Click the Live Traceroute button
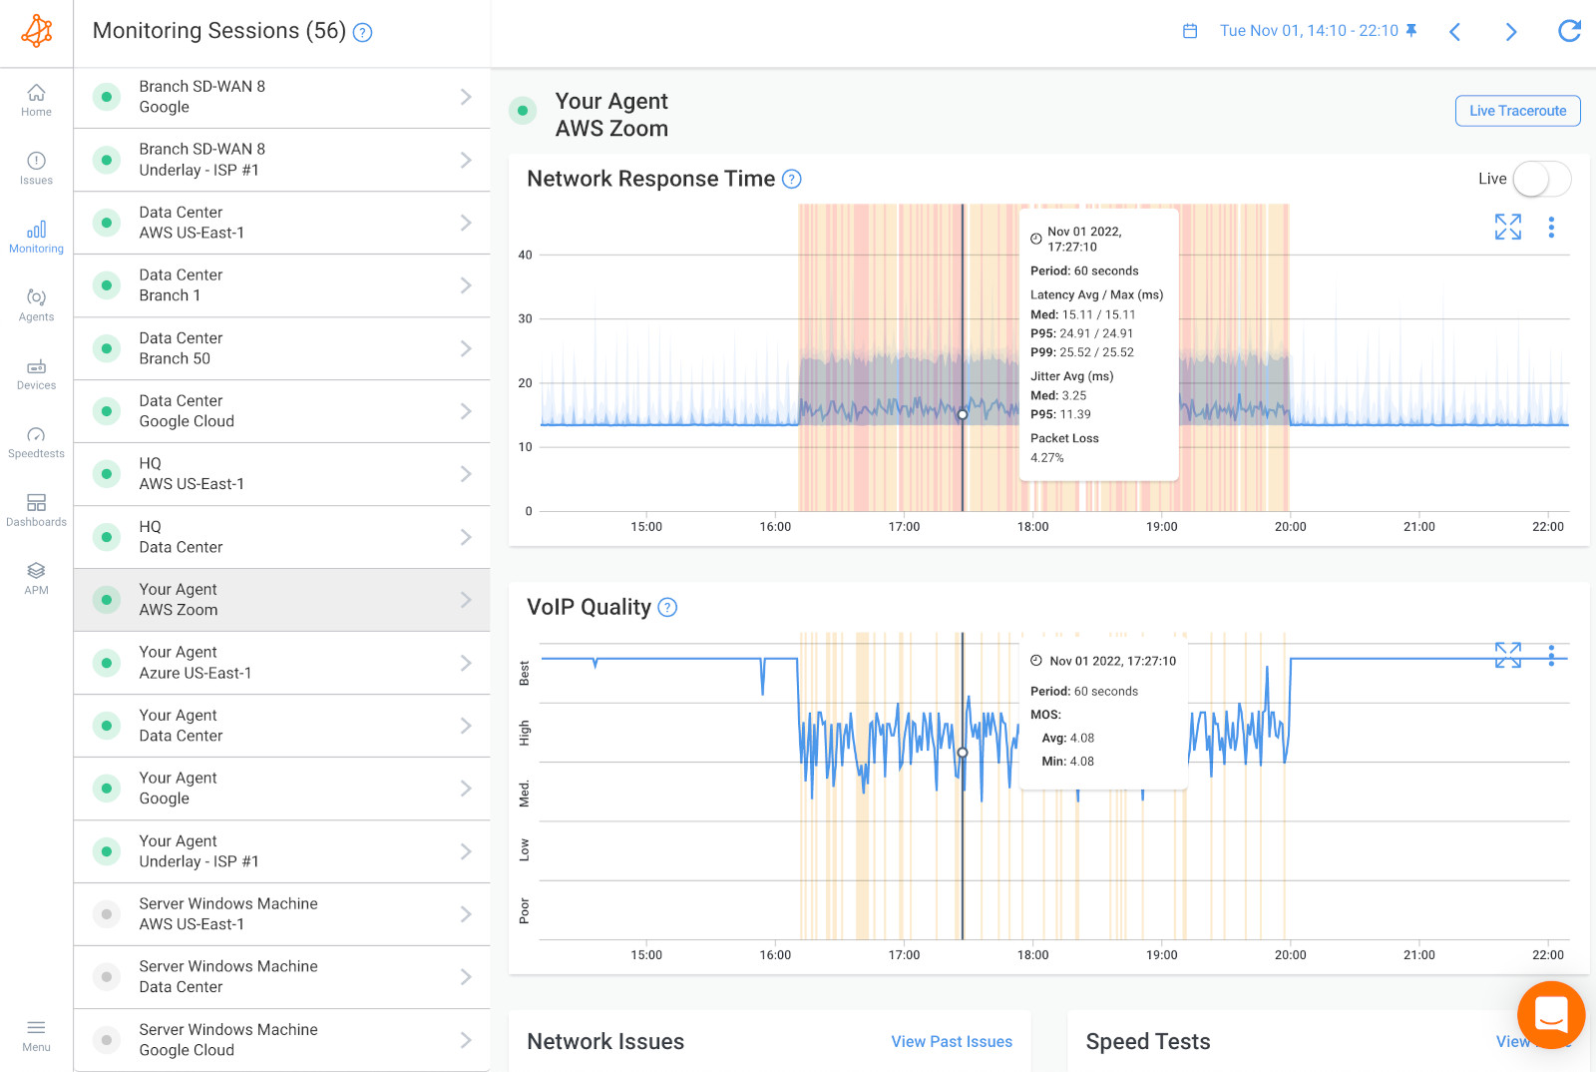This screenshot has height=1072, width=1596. pyautogui.click(x=1517, y=111)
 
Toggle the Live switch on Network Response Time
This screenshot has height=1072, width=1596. pyautogui.click(x=1541, y=180)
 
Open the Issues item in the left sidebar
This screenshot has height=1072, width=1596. pyautogui.click(x=36, y=168)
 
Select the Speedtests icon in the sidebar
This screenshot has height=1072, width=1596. pyautogui.click(x=36, y=441)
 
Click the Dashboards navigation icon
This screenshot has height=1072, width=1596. pyautogui.click(x=36, y=509)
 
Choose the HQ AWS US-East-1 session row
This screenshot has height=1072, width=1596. pyautogui.click(x=281, y=474)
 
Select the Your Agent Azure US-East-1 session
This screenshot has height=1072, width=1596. pyautogui.click(x=281, y=663)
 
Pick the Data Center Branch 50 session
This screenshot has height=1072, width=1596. pyautogui.click(x=281, y=348)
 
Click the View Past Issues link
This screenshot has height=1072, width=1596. pyautogui.click(x=951, y=1042)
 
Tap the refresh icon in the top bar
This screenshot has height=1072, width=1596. pyautogui.click(x=1569, y=31)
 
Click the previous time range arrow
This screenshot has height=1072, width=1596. pyautogui.click(x=1454, y=32)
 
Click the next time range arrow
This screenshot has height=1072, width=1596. pyautogui.click(x=1510, y=32)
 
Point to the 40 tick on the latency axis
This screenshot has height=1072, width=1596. pyautogui.click(x=525, y=256)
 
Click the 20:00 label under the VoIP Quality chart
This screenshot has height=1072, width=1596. pyautogui.click(x=1290, y=955)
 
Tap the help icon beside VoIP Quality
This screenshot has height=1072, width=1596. pyautogui.click(x=668, y=608)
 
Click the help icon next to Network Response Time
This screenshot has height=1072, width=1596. pyautogui.click(x=792, y=180)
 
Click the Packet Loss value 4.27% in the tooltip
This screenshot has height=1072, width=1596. pyautogui.click(x=1046, y=458)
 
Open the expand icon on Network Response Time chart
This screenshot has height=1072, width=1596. pyautogui.click(x=1507, y=228)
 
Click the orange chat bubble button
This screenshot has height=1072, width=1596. pyautogui.click(x=1550, y=1015)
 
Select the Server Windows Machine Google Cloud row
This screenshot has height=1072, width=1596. pyautogui.click(x=281, y=1040)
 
